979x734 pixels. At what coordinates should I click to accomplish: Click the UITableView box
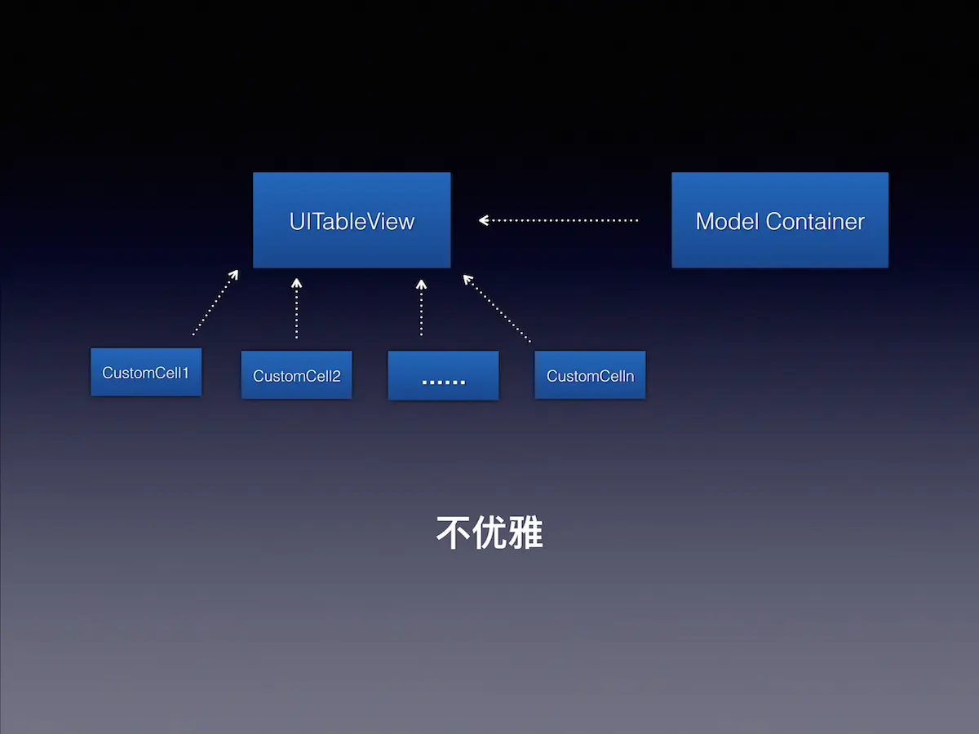point(352,220)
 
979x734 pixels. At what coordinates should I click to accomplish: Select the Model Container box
point(780,220)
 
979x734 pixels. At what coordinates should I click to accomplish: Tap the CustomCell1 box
point(146,372)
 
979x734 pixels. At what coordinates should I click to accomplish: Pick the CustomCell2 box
point(297,375)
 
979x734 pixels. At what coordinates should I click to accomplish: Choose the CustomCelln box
point(590,375)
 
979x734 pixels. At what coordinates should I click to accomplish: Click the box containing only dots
point(443,375)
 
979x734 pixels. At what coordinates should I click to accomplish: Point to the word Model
point(727,222)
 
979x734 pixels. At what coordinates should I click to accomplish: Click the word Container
point(815,222)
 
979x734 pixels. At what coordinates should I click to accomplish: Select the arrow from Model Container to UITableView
point(558,220)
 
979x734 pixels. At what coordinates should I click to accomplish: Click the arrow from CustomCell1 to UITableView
point(215,302)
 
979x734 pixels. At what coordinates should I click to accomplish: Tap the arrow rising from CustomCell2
point(297,308)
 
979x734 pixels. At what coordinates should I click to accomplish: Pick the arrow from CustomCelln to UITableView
point(497,308)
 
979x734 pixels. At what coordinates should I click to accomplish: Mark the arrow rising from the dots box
point(421,307)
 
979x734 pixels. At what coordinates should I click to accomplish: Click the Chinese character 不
point(453,533)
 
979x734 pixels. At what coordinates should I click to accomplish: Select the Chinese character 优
point(489,533)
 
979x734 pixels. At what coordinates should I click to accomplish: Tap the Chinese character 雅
point(525,533)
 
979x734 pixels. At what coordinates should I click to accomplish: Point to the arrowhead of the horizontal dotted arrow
point(484,220)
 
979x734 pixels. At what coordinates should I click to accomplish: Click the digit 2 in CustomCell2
point(336,376)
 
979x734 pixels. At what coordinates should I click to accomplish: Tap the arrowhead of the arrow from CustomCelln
point(467,280)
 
